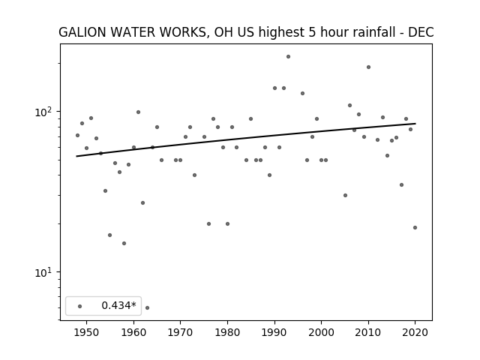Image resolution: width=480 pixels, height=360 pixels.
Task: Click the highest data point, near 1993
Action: pyautogui.click(x=288, y=57)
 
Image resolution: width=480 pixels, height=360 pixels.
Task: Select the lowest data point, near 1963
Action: pyautogui.click(x=147, y=307)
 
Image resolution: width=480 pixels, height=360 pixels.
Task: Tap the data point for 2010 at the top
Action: pyautogui.click(x=368, y=67)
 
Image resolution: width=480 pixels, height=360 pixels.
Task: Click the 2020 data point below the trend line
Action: pyautogui.click(x=415, y=227)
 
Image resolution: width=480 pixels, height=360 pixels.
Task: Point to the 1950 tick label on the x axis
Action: pyautogui.click(x=87, y=332)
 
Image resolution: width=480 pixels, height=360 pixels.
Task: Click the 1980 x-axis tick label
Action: pyautogui.click(x=227, y=332)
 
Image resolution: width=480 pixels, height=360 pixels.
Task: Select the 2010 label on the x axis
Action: pyautogui.click(x=368, y=332)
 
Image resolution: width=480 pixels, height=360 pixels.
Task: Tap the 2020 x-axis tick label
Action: pyautogui.click(x=415, y=332)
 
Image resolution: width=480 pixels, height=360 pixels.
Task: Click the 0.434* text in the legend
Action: pyautogui.click(x=118, y=305)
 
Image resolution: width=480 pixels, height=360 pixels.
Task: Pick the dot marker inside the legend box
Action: pyautogui.click(x=80, y=306)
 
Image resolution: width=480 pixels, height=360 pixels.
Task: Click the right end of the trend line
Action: pyautogui.click(x=415, y=123)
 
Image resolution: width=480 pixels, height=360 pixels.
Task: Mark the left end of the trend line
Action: pyautogui.click(x=76, y=157)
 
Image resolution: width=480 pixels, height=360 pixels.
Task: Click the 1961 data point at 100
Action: pyautogui.click(x=138, y=112)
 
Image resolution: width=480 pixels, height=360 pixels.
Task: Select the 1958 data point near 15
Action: pyautogui.click(x=124, y=243)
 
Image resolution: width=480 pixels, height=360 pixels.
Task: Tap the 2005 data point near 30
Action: pyautogui.click(x=345, y=195)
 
